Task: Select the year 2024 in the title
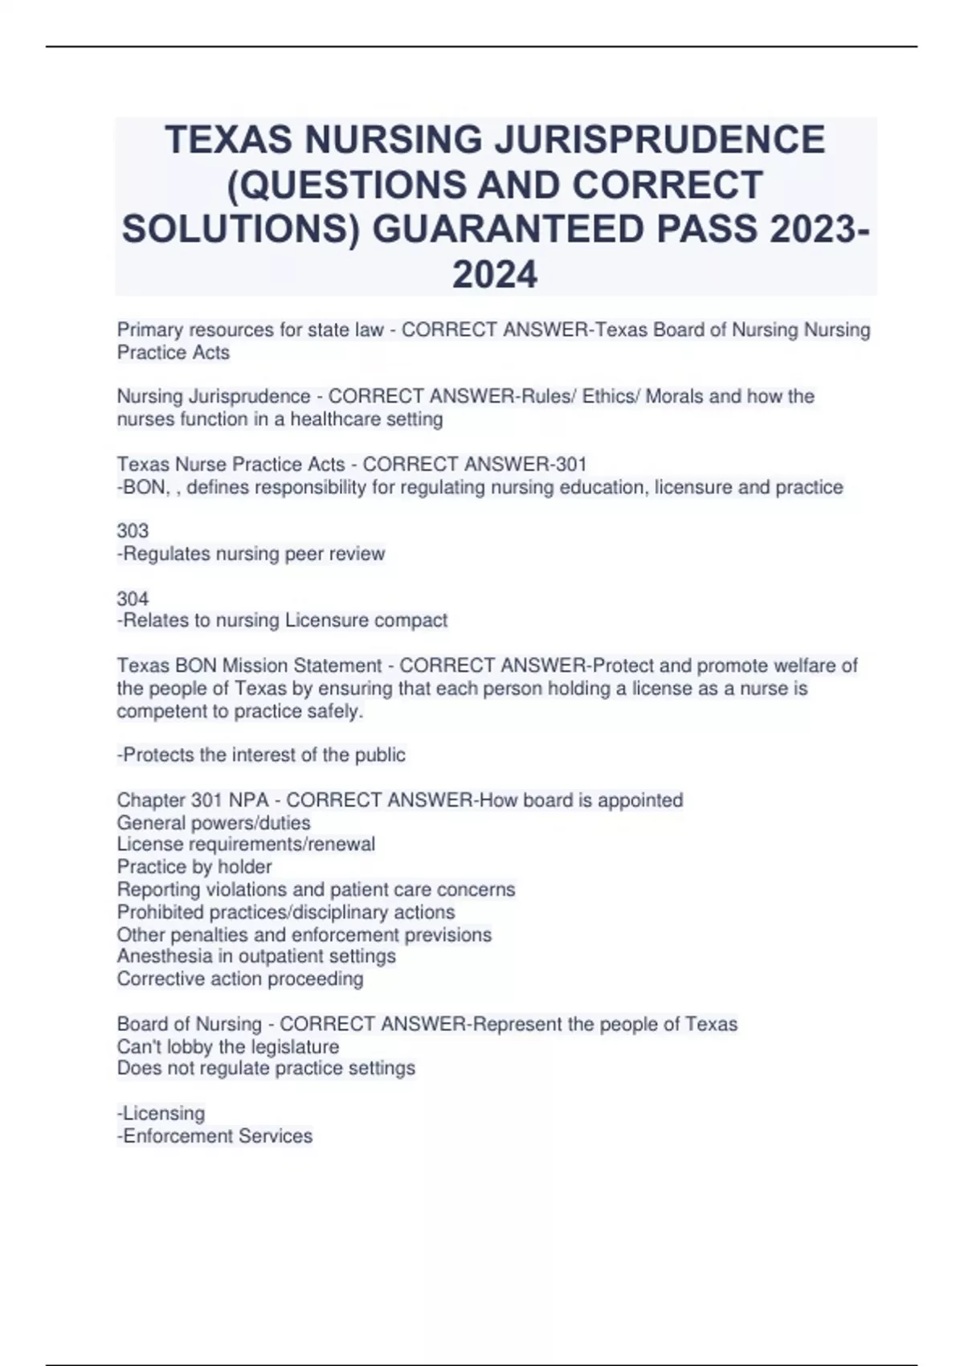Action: [x=495, y=274]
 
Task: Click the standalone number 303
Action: [x=133, y=531]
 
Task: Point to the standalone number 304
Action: [x=133, y=599]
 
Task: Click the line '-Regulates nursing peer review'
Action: [x=251, y=554]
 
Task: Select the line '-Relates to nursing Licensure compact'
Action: [x=282, y=620]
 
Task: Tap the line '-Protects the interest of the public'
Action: [x=261, y=755]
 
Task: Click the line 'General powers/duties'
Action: [x=214, y=823]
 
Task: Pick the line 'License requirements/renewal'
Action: [x=246, y=845]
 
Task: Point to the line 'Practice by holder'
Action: [x=194, y=867]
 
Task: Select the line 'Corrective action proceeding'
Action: [x=240, y=979]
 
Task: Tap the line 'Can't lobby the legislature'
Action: [x=228, y=1047]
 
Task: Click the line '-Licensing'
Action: [x=161, y=1114]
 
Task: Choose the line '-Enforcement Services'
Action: [x=214, y=1136]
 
